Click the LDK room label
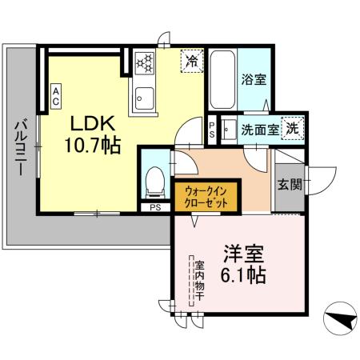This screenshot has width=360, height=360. (94, 124)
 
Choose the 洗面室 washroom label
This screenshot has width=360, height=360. (260, 129)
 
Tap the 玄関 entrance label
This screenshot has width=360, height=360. (290, 186)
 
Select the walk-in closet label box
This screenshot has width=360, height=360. (206, 196)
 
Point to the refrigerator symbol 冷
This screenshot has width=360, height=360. (192, 60)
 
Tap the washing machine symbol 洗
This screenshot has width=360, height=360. (293, 128)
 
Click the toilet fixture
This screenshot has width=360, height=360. (154, 181)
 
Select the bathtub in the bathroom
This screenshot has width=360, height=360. (222, 79)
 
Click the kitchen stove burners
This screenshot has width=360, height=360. (144, 62)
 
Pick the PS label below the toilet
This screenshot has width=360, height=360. (154, 207)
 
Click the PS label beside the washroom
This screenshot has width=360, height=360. (211, 129)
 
